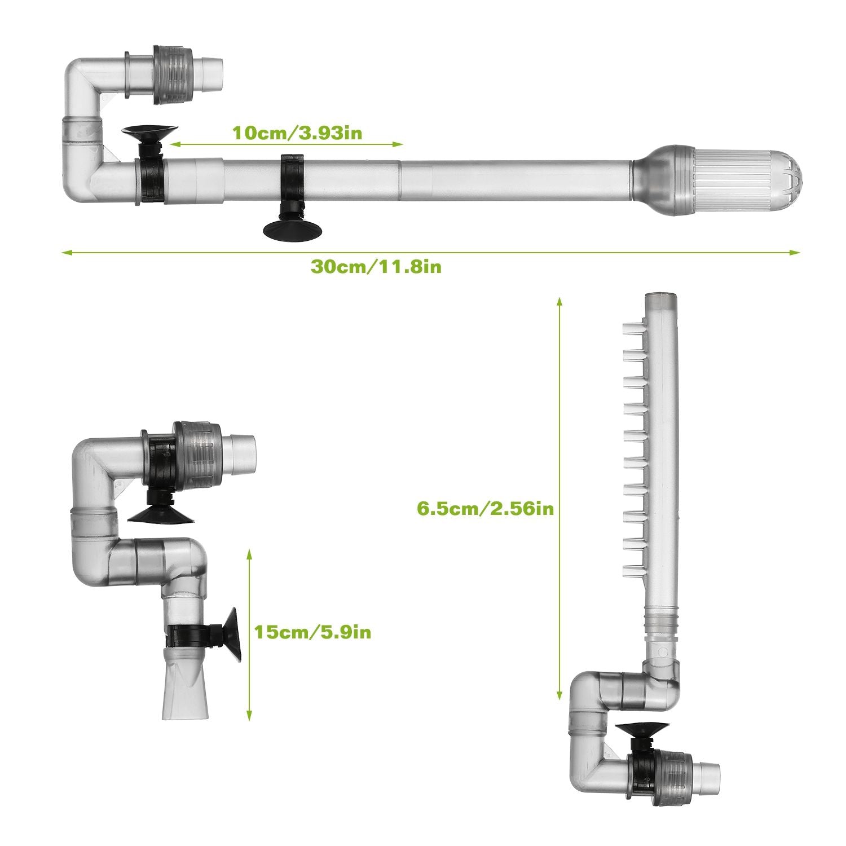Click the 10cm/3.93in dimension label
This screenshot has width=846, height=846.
pyautogui.click(x=297, y=134)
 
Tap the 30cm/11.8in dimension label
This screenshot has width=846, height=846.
pyautogui.click(x=376, y=267)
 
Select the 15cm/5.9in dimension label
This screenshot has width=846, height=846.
pyautogui.click(x=312, y=632)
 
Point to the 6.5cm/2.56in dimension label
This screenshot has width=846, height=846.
pyautogui.click(x=485, y=509)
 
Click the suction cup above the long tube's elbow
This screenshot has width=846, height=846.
pyautogui.click(x=149, y=134)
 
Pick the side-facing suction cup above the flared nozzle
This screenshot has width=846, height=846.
pyautogui.click(x=232, y=634)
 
